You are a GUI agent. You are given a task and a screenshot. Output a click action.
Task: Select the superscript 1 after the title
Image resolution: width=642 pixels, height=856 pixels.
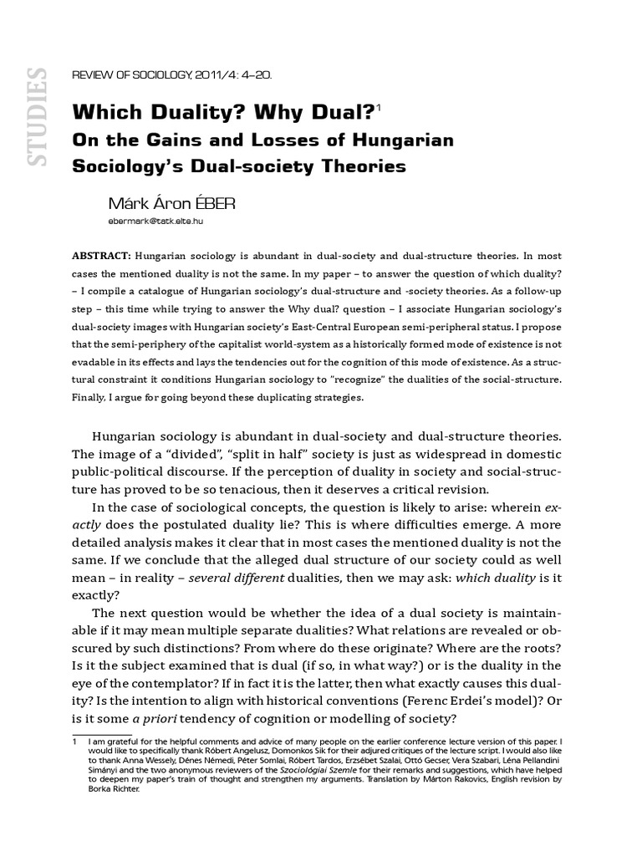click(379, 107)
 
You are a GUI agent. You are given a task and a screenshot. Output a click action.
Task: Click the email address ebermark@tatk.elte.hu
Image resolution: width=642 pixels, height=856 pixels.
click(156, 223)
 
